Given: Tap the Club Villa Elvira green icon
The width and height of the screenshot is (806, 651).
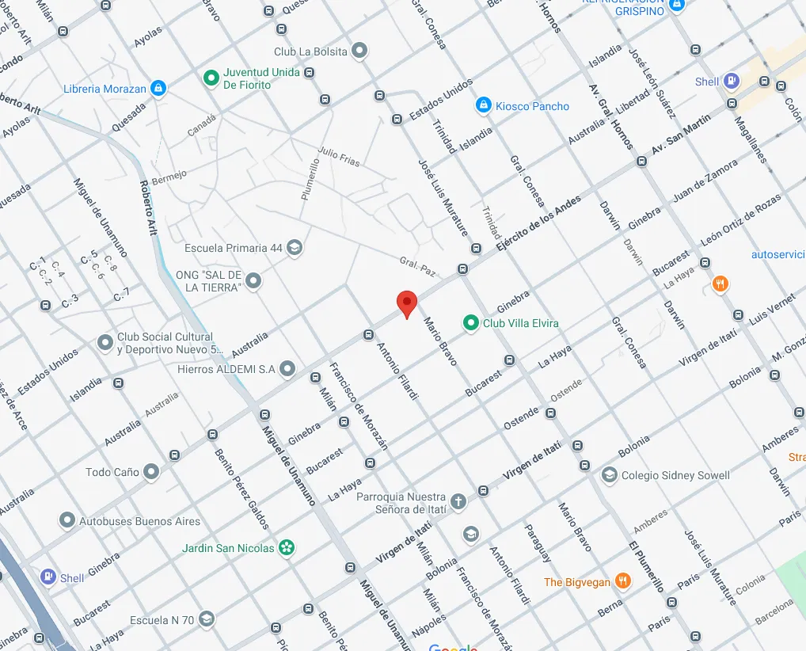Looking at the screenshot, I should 471,323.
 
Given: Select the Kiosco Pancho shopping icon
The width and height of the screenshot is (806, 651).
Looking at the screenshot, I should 482,105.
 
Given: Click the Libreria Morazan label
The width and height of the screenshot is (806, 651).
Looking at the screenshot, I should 105,89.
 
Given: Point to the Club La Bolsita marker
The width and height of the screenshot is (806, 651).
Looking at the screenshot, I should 359,51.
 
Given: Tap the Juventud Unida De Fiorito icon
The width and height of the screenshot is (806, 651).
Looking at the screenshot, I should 211,78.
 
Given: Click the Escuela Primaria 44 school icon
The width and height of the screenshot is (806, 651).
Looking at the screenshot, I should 295,248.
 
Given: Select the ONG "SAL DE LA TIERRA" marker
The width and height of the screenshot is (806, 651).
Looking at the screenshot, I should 253,281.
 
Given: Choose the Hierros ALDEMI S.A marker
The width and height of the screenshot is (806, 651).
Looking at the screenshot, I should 287,368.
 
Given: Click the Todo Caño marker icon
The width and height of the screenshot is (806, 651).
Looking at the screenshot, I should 150,472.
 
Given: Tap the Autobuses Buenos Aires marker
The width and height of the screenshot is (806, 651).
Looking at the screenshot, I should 67,521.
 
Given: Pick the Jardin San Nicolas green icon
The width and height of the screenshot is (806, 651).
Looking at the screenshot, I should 287,548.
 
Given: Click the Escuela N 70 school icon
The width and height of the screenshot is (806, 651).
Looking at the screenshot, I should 206,619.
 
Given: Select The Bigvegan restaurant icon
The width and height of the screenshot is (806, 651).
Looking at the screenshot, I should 623,582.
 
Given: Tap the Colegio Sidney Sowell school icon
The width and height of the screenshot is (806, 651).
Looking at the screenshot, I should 609,475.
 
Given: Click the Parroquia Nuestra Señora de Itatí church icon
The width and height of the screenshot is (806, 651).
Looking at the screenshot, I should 458,503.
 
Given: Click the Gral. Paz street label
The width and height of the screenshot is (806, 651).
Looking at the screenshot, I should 417,266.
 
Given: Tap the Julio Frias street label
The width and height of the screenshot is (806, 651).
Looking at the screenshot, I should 339,157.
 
